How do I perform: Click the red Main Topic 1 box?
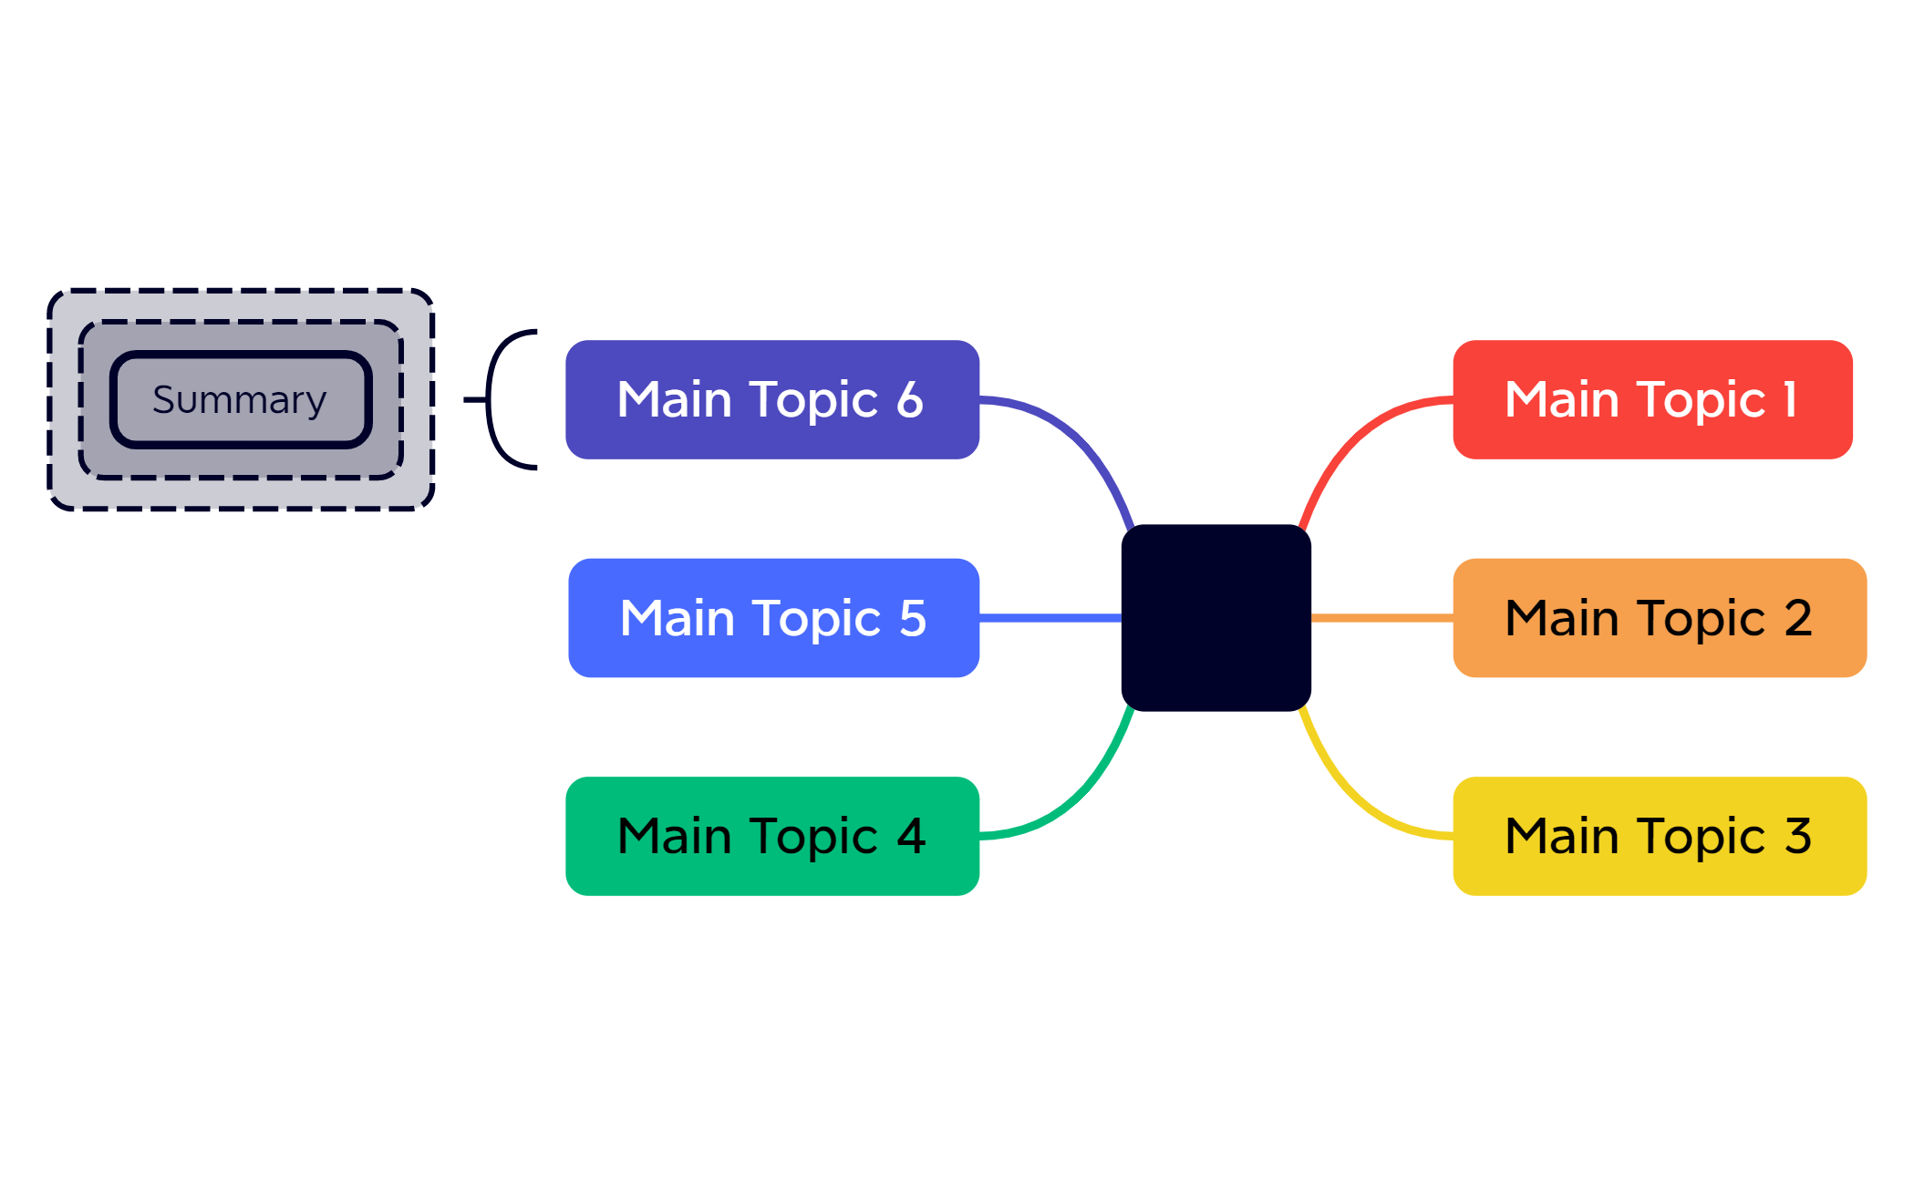(1652, 399)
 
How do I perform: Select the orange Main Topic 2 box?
(1660, 618)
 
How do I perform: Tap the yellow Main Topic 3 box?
(1660, 836)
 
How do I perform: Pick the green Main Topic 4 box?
(772, 836)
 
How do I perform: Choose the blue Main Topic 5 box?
(773, 618)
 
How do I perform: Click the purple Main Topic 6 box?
(772, 399)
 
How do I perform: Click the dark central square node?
(1216, 618)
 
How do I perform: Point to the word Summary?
(240, 400)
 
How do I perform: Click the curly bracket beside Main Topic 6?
(489, 399)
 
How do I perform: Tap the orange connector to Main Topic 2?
(1382, 618)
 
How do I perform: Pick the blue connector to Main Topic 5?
(1050, 618)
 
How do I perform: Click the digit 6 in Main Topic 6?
(910, 400)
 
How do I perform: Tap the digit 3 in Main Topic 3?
(1798, 836)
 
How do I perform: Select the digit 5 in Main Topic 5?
(913, 618)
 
